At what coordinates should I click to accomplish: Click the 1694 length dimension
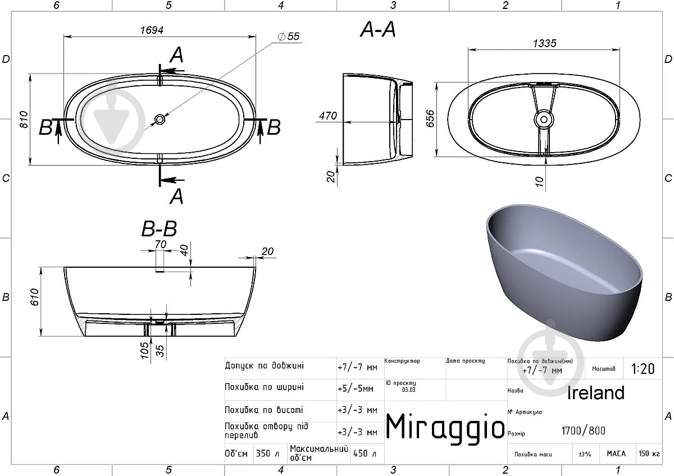click(x=152, y=30)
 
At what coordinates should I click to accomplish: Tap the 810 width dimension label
click(x=24, y=120)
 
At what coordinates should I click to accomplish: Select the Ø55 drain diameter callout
click(x=289, y=36)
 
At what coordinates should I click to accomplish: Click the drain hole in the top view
click(x=160, y=120)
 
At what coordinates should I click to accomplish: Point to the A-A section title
click(x=378, y=30)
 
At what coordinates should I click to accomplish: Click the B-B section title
click(x=159, y=228)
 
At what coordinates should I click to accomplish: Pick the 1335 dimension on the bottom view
click(x=544, y=44)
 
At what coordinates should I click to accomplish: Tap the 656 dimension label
click(x=430, y=118)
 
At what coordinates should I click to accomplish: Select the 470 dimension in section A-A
click(x=328, y=116)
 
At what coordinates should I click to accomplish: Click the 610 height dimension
click(x=35, y=297)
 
